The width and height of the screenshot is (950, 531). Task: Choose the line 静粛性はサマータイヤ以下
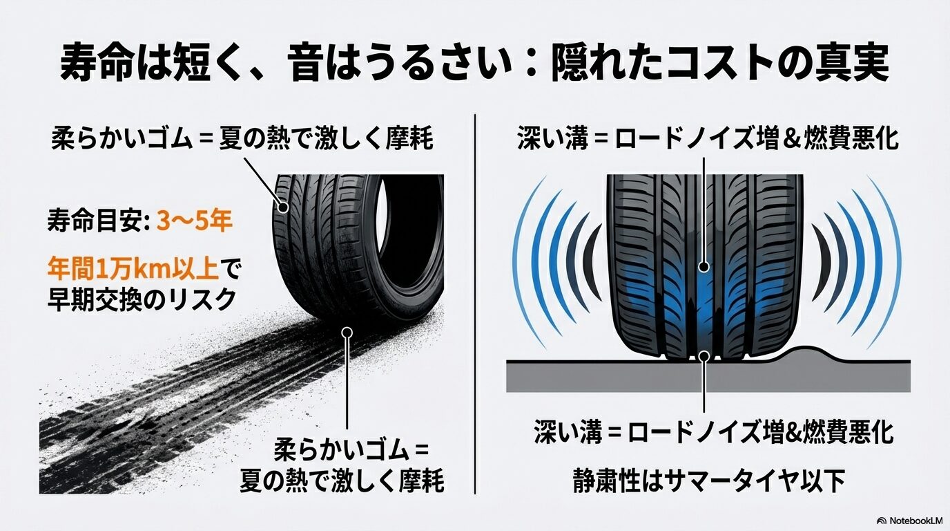tap(708, 482)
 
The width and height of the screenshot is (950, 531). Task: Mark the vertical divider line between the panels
tap(476, 304)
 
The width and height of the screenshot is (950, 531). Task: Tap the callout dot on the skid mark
tap(347, 333)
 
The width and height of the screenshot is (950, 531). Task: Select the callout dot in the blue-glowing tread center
tap(704, 266)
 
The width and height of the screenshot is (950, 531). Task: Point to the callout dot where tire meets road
tap(704, 355)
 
